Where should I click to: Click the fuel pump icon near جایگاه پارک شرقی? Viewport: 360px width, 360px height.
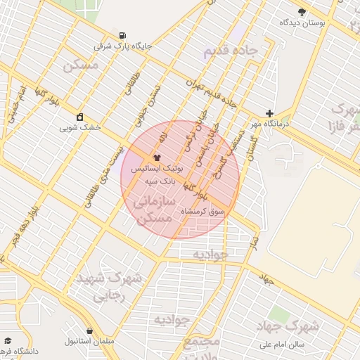tap(124, 35)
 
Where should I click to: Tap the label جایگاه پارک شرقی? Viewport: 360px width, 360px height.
tap(124, 47)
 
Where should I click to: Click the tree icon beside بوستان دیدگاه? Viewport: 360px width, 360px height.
tap(302, 12)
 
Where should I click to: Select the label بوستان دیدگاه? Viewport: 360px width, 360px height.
tap(302, 23)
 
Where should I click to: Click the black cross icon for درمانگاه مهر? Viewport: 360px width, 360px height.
tap(270, 113)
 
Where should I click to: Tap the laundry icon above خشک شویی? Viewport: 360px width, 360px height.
tap(80, 117)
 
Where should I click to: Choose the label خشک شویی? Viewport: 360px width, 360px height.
tap(80, 128)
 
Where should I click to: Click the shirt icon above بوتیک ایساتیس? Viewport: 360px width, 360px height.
tap(156, 157)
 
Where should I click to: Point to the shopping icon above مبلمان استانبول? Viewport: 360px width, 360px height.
tap(90, 330)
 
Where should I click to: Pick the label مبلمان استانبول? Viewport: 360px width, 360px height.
tap(90, 342)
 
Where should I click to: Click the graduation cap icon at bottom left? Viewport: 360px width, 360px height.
tap(7, 340)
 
